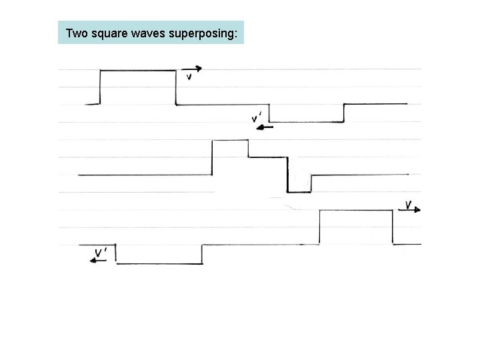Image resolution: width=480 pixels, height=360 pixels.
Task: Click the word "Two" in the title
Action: tap(77, 33)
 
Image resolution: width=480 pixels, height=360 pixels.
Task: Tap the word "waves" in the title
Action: tap(151, 33)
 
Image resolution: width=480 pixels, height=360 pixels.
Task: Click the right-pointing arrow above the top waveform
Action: tap(191, 69)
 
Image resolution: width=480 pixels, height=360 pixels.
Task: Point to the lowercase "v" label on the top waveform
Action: tap(189, 77)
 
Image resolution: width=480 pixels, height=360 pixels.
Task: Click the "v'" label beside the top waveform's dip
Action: tap(256, 118)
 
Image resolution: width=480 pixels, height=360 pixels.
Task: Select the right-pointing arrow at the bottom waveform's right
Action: tap(413, 210)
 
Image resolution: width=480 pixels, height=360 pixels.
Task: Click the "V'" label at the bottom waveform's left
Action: tap(101, 252)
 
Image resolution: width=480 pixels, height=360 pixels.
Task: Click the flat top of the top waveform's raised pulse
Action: tap(137, 70)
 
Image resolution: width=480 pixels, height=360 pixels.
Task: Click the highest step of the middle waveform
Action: tap(230, 140)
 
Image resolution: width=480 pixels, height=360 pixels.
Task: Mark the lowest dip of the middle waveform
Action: tap(299, 192)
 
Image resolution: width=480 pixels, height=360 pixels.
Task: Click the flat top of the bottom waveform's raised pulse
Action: tap(356, 211)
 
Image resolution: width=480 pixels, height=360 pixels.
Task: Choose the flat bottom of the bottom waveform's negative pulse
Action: tap(159, 263)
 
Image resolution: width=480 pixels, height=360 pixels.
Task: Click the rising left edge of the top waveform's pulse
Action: tap(99, 87)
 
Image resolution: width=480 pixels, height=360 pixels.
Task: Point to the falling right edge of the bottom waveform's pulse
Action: tap(392, 227)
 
